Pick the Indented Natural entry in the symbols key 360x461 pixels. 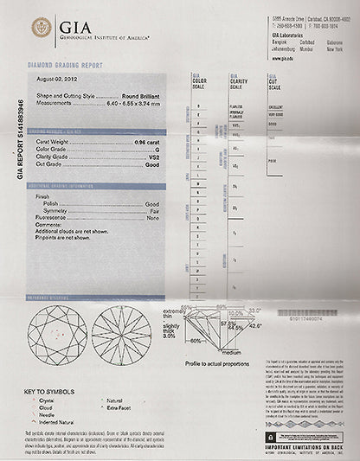click(61, 422)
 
